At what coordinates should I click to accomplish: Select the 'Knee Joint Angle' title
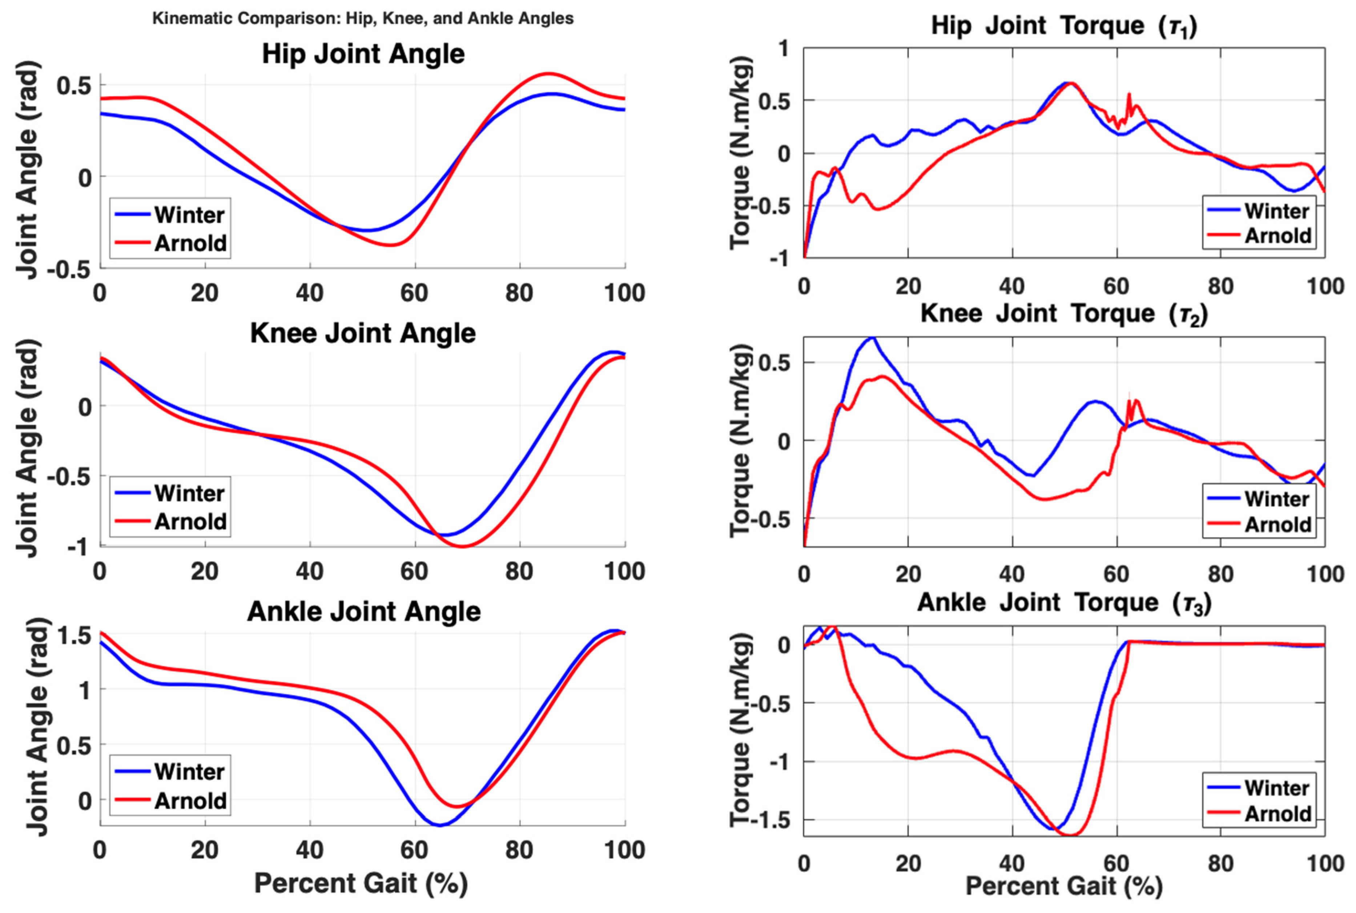(x=363, y=333)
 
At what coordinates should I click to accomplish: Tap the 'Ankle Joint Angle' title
(x=364, y=612)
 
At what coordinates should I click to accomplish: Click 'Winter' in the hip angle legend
(x=189, y=215)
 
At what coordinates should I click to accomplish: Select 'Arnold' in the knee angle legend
(x=190, y=522)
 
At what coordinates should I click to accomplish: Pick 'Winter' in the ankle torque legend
(x=1277, y=788)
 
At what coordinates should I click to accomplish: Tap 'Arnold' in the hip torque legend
(x=1278, y=236)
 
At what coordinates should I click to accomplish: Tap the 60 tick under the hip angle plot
(x=414, y=293)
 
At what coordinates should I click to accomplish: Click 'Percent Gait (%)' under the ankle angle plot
(x=361, y=883)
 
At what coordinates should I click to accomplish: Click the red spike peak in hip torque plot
(x=1129, y=94)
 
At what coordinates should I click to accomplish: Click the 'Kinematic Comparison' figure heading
(x=363, y=19)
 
